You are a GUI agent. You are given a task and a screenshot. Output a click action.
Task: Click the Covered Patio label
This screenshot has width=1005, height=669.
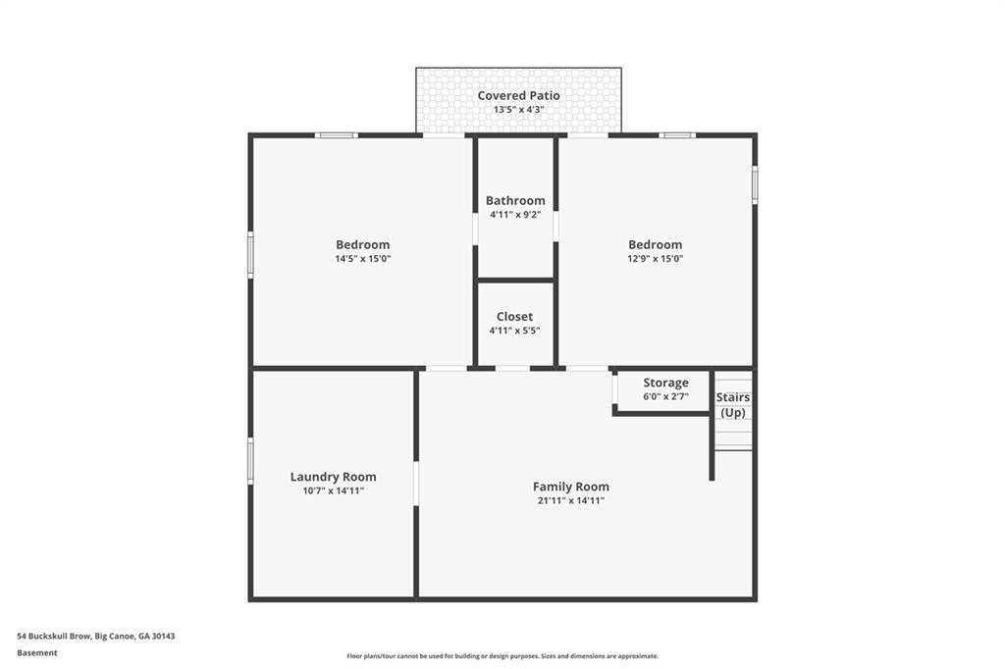click(518, 95)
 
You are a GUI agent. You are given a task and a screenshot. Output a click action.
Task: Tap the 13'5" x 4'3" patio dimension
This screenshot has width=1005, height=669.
click(518, 110)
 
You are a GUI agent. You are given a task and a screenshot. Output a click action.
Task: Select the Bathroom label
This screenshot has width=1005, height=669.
click(515, 200)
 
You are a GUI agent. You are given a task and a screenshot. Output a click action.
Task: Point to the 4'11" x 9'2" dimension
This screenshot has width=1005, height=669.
click(515, 215)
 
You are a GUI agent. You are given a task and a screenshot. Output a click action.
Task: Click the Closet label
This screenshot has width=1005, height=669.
click(514, 317)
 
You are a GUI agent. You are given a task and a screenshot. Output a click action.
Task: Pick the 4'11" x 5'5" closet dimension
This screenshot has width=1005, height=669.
click(514, 331)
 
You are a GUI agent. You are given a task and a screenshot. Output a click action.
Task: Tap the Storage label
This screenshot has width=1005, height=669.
click(666, 383)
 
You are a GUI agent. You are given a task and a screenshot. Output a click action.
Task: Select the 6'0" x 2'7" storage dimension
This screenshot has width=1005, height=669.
click(666, 396)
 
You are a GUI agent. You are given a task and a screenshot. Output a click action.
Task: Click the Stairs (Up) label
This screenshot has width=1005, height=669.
click(732, 404)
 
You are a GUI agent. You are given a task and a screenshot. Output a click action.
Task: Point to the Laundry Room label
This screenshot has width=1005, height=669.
click(334, 477)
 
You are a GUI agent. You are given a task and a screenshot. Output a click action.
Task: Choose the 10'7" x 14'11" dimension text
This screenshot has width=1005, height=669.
click(334, 490)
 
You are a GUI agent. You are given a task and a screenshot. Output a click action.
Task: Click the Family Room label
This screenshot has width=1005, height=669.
click(571, 487)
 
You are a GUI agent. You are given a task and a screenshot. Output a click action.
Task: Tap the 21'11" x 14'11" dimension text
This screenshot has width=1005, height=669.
click(571, 501)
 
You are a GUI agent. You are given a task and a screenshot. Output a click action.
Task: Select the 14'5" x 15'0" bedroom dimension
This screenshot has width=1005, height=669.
click(363, 259)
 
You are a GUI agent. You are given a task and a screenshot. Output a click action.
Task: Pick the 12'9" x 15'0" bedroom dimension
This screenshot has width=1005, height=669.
click(655, 259)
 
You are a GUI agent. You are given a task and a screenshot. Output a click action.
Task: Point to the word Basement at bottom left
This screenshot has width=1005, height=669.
click(37, 653)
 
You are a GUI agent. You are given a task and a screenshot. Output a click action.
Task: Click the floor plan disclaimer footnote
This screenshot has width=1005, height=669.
click(502, 656)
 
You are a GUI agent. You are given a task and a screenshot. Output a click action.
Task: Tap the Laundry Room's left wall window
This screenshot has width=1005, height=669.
click(250, 461)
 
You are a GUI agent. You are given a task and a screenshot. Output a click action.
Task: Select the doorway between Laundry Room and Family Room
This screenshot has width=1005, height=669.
click(416, 484)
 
